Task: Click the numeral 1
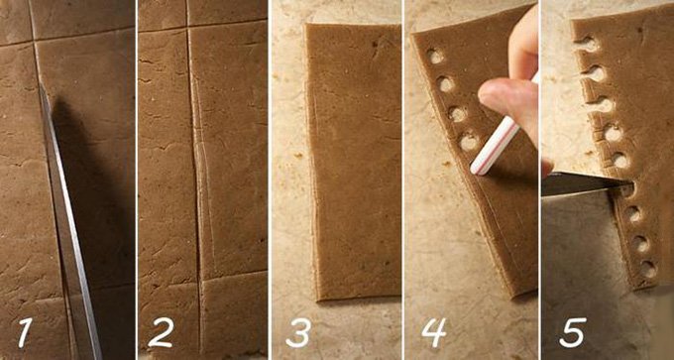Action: tap(25, 333)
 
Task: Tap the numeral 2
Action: tap(161, 332)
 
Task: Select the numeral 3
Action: tap(298, 333)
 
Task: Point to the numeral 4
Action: tap(433, 332)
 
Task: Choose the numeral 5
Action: tap(573, 332)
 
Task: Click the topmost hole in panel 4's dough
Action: tap(435, 57)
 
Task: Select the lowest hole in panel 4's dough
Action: tap(469, 142)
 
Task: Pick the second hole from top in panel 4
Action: tap(446, 84)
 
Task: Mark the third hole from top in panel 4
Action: tap(457, 114)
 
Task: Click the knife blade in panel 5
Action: tap(580, 182)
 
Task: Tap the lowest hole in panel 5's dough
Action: tap(648, 269)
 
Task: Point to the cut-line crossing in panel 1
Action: tap(34, 42)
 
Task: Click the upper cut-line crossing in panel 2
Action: tap(188, 29)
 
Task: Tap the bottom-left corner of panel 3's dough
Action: tap(318, 299)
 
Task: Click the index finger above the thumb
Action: tap(523, 43)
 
